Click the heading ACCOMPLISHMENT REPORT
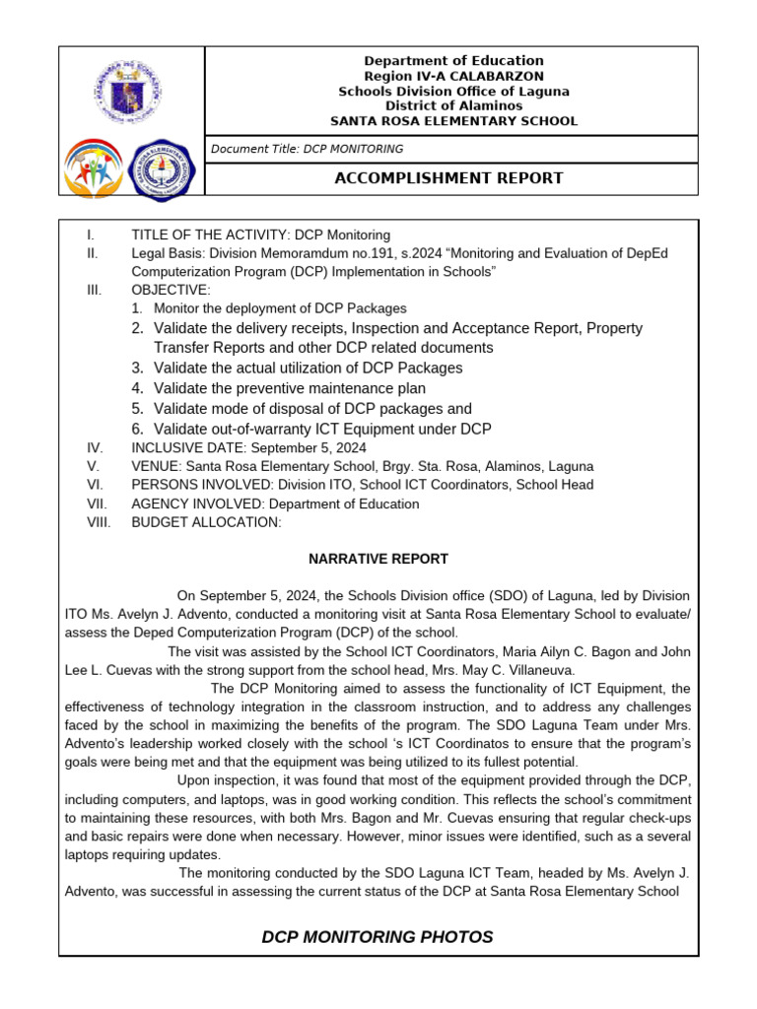(449, 178)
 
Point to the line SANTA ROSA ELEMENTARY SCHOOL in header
(453, 121)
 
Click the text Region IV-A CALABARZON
(453, 76)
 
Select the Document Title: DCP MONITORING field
(308, 149)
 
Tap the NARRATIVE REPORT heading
(378, 559)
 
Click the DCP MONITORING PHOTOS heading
(378, 936)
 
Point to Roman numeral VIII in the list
(99, 522)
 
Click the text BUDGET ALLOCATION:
(206, 522)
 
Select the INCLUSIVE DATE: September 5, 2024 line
(248, 447)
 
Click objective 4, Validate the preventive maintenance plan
(290, 388)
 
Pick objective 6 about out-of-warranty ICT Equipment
(322, 429)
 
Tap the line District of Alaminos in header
(453, 105)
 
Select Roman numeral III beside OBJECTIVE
(95, 290)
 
